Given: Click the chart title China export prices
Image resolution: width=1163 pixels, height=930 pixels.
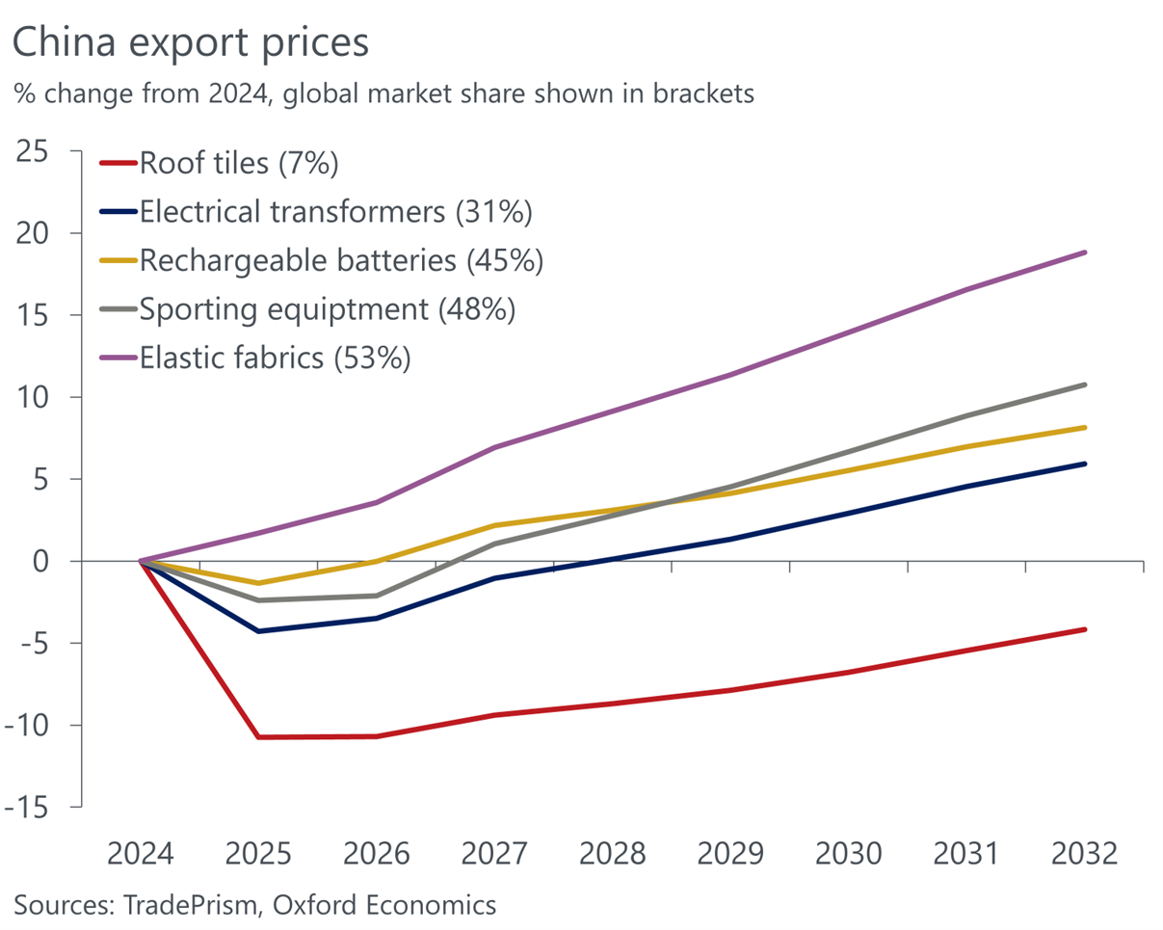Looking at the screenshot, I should pos(191,43).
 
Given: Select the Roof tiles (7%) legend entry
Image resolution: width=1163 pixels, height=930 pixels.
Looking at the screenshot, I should pos(238,163).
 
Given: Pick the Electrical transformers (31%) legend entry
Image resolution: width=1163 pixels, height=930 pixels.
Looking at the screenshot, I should pos(335,212).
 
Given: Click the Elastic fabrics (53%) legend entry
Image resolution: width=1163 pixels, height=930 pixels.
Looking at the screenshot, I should pos(276,359).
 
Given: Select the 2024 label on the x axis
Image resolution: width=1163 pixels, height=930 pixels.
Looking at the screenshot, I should pos(141,854).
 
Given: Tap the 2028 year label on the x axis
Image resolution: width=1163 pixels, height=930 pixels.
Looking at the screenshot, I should pos(613,854).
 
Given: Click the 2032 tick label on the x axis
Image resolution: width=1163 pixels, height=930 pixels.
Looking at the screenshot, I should pos(1085,854).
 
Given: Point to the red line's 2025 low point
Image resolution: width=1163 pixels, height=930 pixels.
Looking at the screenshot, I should pos(259,737).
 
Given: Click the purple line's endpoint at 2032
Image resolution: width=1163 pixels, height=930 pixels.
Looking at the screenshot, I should pos(1085,252).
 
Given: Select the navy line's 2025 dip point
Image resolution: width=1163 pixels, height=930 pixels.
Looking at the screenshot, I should pos(259,631).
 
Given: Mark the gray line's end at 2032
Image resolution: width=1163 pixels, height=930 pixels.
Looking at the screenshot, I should pos(1085,385).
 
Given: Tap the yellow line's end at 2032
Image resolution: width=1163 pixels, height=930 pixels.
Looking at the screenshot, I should pos(1085,427).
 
